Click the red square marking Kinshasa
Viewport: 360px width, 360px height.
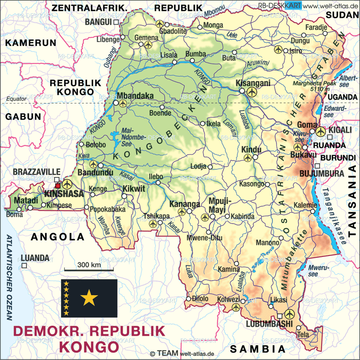pyautogui.click(x=58, y=185)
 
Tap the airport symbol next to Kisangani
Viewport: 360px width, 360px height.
pyautogui.click(x=251, y=92)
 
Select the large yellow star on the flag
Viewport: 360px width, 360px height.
pyautogui.click(x=89, y=299)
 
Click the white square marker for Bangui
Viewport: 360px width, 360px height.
pyautogui.click(x=116, y=22)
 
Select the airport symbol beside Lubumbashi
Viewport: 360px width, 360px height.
pyautogui.click(x=289, y=314)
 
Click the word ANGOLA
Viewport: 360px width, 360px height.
pyautogui.click(x=58, y=237)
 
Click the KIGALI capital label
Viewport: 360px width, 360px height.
pyautogui.click(x=341, y=130)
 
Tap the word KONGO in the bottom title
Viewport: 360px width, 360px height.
pyautogui.click(x=89, y=346)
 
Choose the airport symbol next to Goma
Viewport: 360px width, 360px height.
pyautogui.click(x=321, y=131)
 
